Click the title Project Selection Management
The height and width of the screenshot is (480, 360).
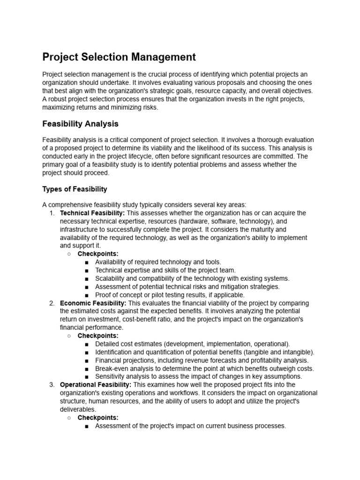pyautogui.click(x=119, y=57)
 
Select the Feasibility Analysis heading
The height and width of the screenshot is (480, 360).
pyautogui.click(x=80, y=124)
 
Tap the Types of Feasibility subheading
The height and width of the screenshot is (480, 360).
pyautogui.click(x=75, y=189)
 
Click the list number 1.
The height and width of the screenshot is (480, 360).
pyautogui.click(x=52, y=213)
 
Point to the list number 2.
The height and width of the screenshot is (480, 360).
pyautogui.click(x=52, y=303)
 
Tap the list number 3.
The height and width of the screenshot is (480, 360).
pyautogui.click(x=52, y=385)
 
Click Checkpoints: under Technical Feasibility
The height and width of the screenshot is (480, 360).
pyautogui.click(x=98, y=254)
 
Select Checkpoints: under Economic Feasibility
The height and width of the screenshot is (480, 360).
pyautogui.click(x=98, y=336)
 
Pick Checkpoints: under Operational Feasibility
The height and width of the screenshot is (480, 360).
pyautogui.click(x=98, y=418)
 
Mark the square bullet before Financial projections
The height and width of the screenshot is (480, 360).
pyautogui.click(x=87, y=360)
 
